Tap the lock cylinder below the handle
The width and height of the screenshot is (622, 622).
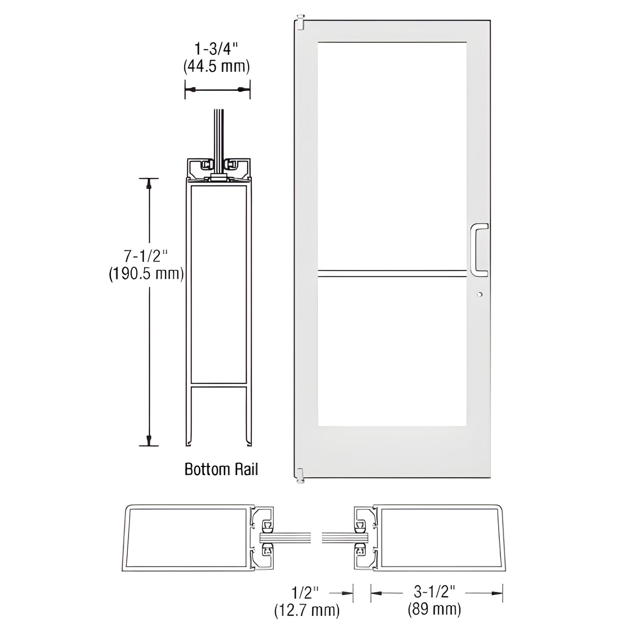click(x=479, y=294)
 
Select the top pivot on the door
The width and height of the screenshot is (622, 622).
click(x=300, y=22)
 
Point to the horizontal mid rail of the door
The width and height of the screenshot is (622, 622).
click(x=392, y=272)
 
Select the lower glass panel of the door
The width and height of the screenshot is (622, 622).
click(x=392, y=351)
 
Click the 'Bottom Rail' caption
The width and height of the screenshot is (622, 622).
click(x=221, y=469)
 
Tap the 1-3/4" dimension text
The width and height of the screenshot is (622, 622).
click(x=217, y=50)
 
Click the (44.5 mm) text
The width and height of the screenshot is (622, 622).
click(x=217, y=66)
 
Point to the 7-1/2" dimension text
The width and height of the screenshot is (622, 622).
click(x=145, y=257)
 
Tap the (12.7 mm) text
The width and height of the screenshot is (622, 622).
click(x=306, y=610)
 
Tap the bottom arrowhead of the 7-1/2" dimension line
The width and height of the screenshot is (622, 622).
click(x=149, y=440)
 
